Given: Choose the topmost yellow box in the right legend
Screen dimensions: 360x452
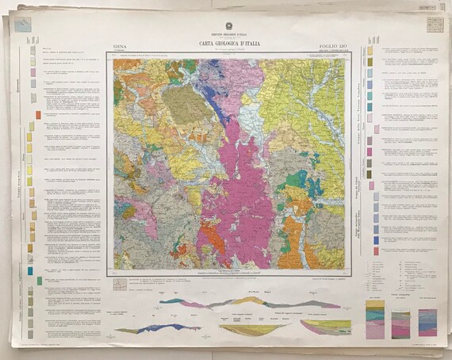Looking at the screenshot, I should click(x=370, y=50).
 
